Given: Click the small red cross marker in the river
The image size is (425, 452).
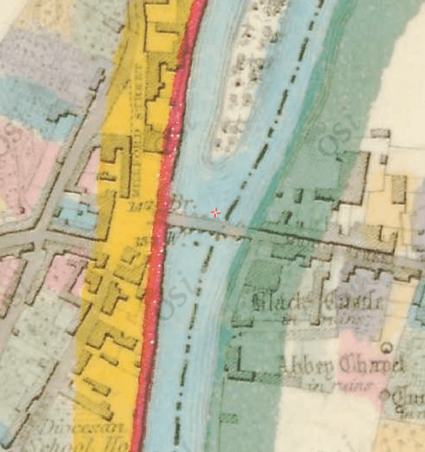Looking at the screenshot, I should click(216, 212).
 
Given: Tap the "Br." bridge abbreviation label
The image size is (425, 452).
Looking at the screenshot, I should click(178, 204).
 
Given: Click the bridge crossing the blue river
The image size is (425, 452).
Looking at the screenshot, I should click(208, 225).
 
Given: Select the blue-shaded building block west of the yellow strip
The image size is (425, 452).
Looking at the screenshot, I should click(72, 212).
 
